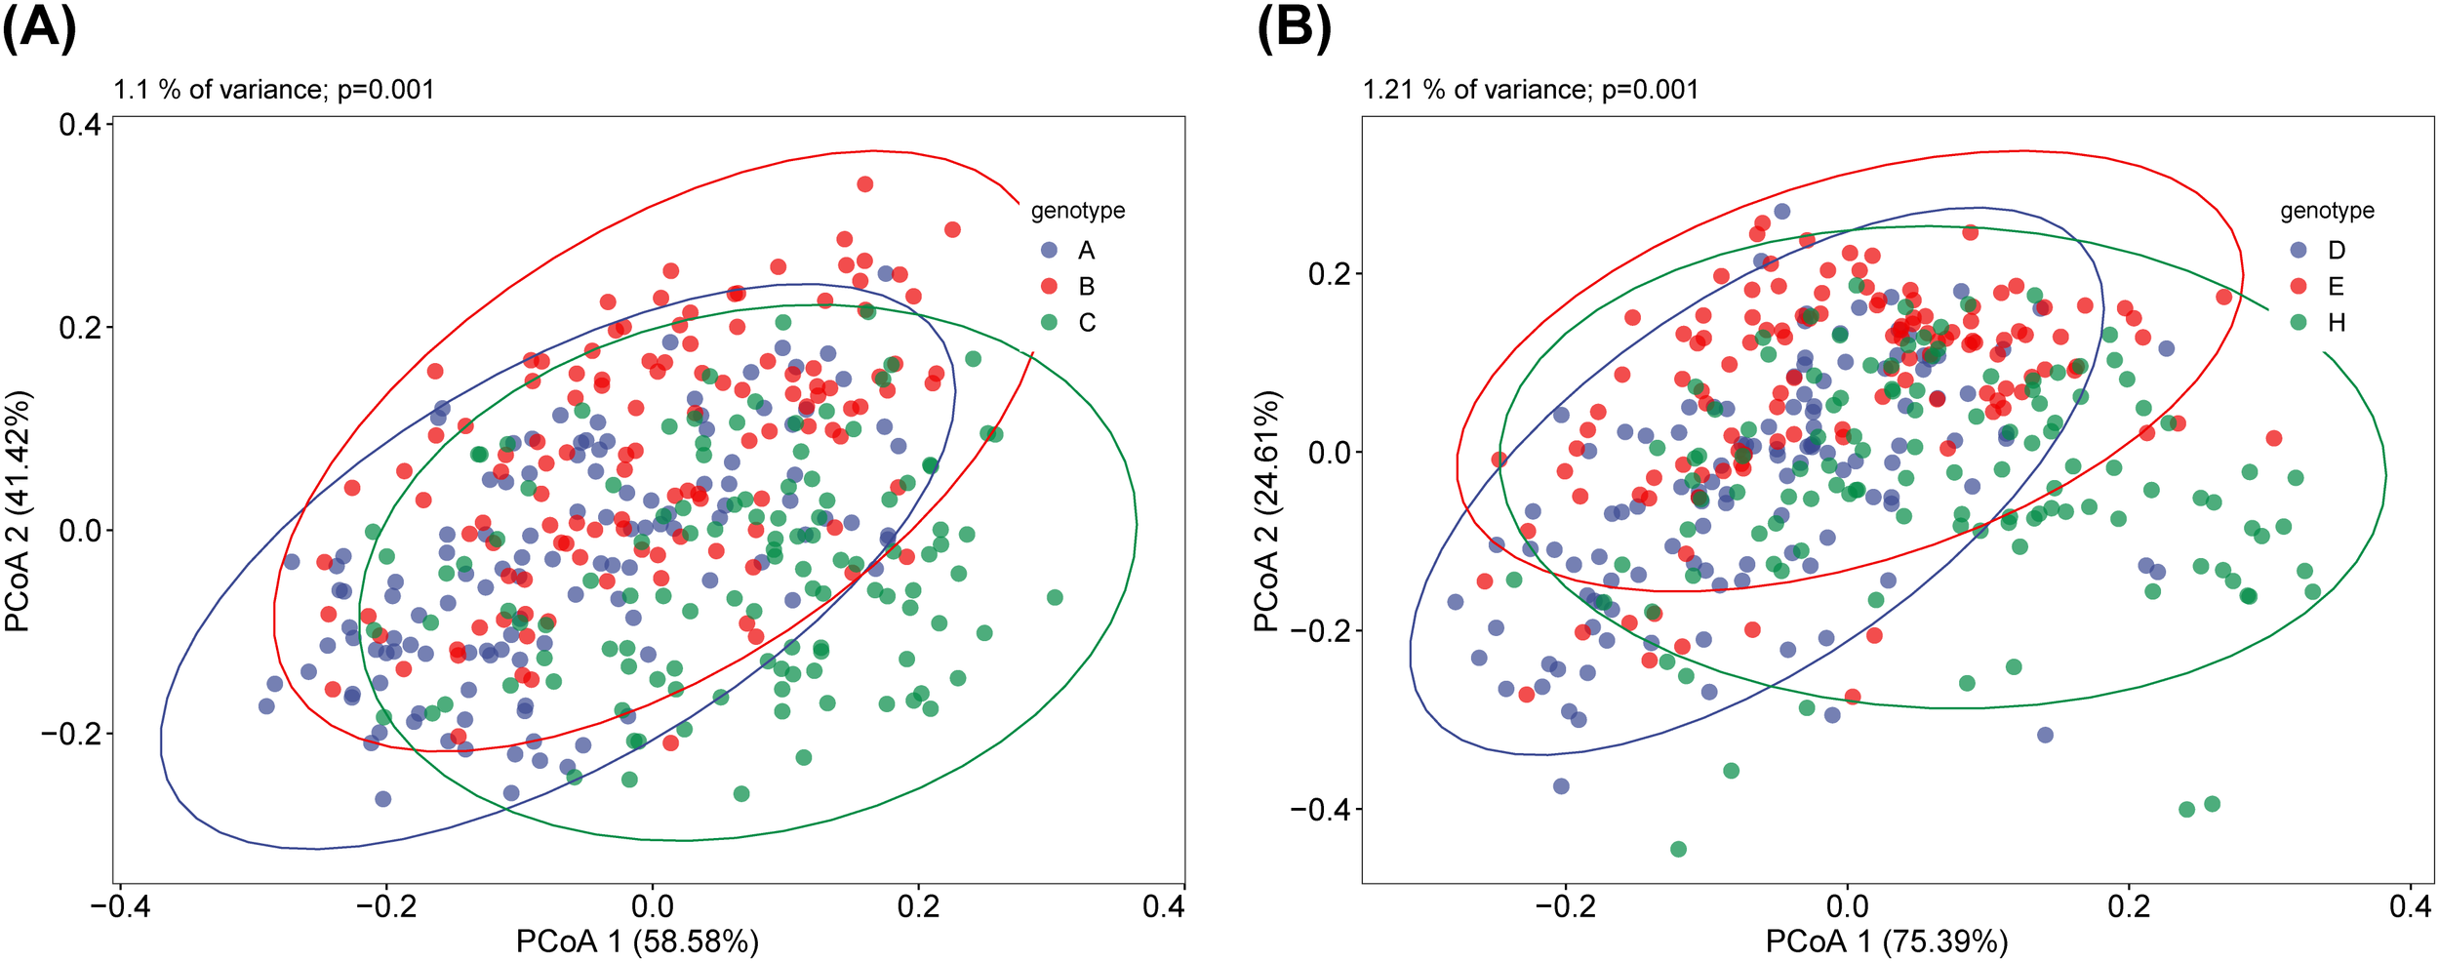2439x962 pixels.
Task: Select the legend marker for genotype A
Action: click(x=1050, y=250)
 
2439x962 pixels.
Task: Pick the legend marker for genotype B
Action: click(x=1050, y=286)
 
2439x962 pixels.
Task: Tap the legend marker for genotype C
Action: click(x=1050, y=322)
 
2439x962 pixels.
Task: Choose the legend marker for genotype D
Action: click(x=2299, y=250)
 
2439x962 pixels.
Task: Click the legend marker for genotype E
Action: click(x=2299, y=286)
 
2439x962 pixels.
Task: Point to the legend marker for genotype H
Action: click(x=2299, y=322)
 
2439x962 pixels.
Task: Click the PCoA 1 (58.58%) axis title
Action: click(x=637, y=941)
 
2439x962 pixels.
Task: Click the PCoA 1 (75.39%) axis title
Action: click(x=1887, y=941)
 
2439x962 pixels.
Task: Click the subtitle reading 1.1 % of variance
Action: click(x=273, y=90)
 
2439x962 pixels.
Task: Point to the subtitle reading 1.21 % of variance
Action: click(x=1530, y=90)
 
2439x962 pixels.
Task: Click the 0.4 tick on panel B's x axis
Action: click(x=2409, y=906)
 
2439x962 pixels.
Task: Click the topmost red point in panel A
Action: click(x=864, y=184)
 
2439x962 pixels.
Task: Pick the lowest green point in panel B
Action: click(x=1678, y=849)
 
